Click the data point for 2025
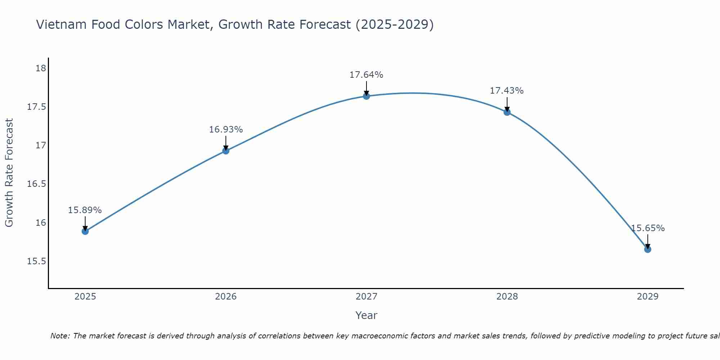(85, 231)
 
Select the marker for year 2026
(226, 151)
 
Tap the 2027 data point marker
(366, 96)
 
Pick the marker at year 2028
(507, 112)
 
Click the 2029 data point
(648, 249)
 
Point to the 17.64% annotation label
(366, 75)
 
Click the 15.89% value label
(85, 210)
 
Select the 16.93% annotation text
(226, 130)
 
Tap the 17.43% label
(507, 91)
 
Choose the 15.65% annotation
(648, 228)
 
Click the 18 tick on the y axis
(41, 68)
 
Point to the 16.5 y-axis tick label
(37, 184)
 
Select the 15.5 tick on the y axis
(37, 261)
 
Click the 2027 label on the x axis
(366, 297)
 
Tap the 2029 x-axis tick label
(648, 297)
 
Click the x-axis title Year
(366, 315)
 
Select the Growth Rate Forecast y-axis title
(9, 173)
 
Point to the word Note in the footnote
(60, 336)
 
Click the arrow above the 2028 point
(507, 104)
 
